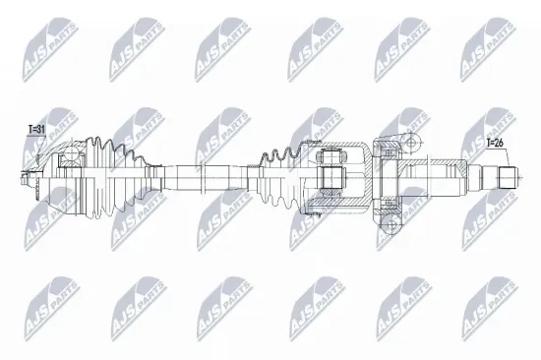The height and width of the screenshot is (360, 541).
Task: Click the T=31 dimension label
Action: click(36, 129)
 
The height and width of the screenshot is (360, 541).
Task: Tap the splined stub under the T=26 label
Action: click(506, 178)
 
